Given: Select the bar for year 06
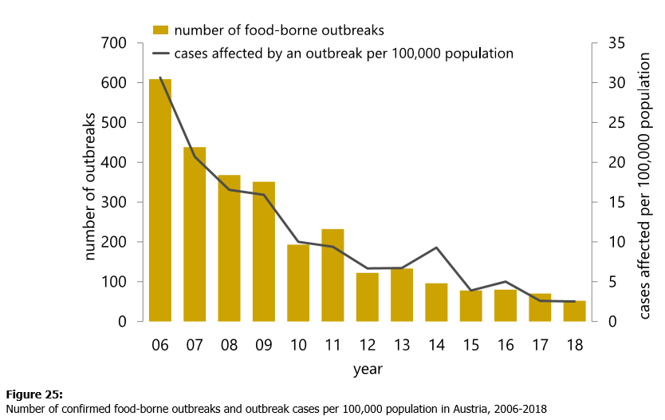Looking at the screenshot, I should coord(160,200).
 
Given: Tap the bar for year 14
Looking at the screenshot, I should coord(436,302).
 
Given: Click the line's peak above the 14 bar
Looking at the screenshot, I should coord(436,248).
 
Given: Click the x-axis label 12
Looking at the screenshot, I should coord(368,346).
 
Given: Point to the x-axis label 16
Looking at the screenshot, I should coord(506,346).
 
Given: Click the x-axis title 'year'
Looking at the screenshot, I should coord(368,370).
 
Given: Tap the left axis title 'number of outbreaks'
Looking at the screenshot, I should coord(89,182).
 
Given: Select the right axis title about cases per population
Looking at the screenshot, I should coord(645,182).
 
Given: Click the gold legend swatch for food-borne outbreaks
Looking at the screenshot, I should coord(161,30).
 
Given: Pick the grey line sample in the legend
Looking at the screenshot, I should coord(161,54).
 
